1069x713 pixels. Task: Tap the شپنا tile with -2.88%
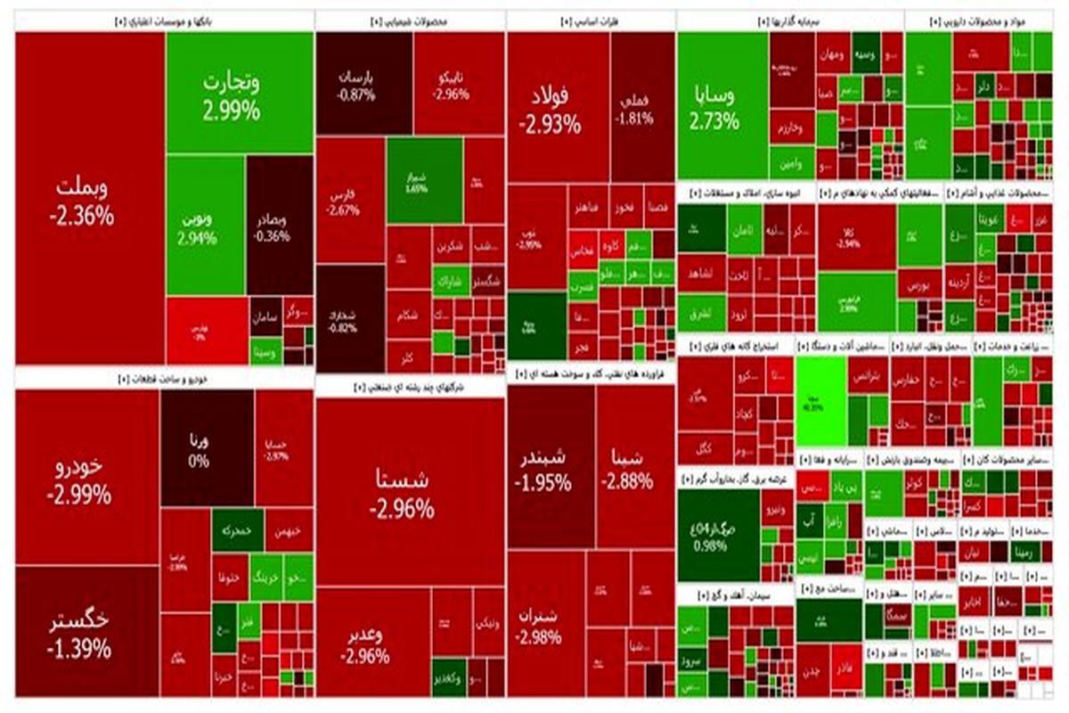(x=635, y=468)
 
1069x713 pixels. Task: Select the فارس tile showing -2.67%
(x=349, y=201)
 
